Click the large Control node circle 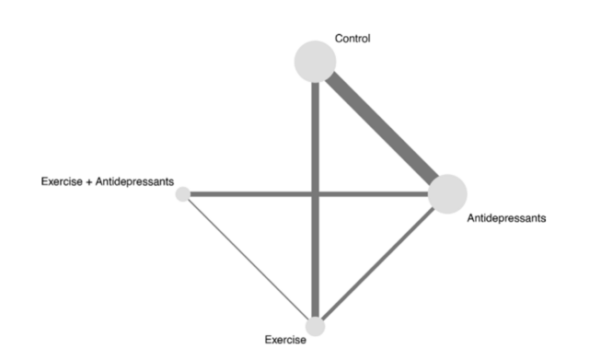tap(315, 61)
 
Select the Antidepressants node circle tap(447, 193)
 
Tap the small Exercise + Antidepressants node tap(183, 193)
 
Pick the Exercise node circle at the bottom tap(316, 326)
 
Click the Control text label tap(352, 39)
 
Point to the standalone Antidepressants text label tap(507, 219)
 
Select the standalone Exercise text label tap(285, 341)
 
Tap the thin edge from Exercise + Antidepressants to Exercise tap(248, 260)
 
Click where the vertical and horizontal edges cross tap(316, 193)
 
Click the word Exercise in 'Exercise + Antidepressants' tap(60, 181)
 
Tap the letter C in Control tap(338, 39)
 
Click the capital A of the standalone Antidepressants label tap(471, 219)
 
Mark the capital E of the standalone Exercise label tap(268, 341)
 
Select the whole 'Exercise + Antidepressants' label tap(108, 181)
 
